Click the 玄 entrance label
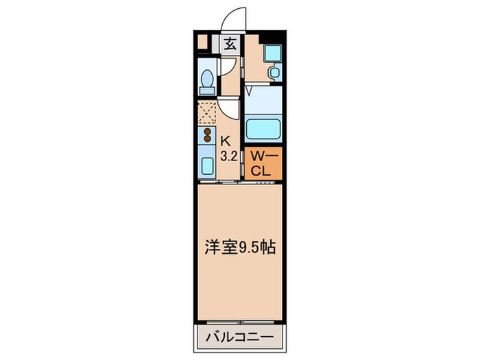point(230,45)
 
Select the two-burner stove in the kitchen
point(206,134)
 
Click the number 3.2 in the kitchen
point(228,156)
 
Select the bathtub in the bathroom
point(263,128)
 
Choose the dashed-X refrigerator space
point(207,112)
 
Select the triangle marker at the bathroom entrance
point(250,89)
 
